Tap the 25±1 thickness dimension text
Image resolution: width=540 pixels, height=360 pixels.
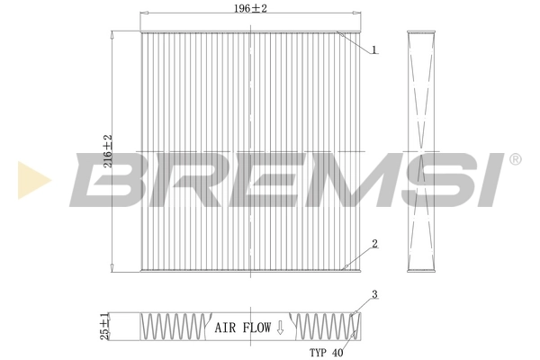(x=105, y=326)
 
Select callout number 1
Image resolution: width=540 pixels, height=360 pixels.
(x=373, y=49)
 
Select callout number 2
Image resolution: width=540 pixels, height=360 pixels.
(x=373, y=243)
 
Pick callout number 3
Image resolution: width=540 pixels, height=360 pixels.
(x=373, y=294)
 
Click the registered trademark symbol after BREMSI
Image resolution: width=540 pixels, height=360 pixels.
(x=515, y=159)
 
